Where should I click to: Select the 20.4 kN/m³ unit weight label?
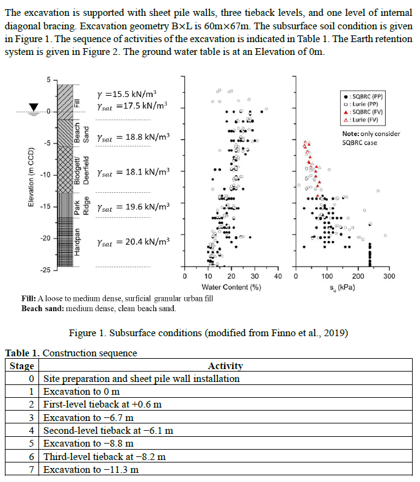click(x=133, y=242)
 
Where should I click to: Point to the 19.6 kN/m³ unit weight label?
click(x=133, y=207)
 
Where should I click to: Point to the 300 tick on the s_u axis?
click(x=389, y=277)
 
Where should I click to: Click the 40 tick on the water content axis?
click(x=278, y=277)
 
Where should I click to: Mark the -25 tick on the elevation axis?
click(x=47, y=269)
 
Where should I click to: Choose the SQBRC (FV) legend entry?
click(x=365, y=112)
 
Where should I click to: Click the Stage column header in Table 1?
click(x=22, y=366)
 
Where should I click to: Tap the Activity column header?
click(x=225, y=366)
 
